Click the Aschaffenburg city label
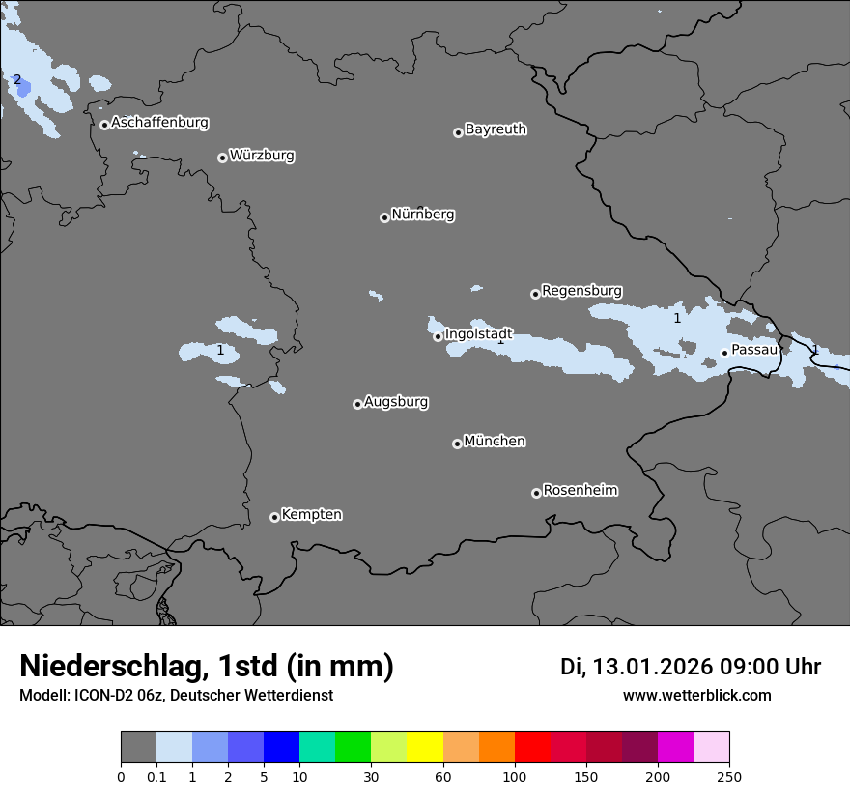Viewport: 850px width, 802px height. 159,123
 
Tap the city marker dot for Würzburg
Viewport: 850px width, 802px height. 222,158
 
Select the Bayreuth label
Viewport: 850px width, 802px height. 496,129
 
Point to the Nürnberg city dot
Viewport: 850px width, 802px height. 384,217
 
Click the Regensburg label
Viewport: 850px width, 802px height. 581,290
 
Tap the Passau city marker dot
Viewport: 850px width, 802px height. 724,353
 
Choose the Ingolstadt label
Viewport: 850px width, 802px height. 478,333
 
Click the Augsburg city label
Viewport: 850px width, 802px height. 396,401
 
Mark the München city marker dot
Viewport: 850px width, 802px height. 457,444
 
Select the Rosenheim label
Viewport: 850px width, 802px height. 580,490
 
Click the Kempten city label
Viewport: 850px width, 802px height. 311,514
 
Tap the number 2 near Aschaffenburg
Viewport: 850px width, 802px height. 16,79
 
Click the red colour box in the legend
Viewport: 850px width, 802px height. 532,748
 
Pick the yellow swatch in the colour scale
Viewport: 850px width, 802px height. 425,748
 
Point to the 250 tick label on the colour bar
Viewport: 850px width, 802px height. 729,776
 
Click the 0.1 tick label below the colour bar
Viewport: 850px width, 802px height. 156,776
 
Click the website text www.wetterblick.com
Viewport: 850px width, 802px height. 696,696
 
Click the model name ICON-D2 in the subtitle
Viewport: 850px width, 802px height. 99,695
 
